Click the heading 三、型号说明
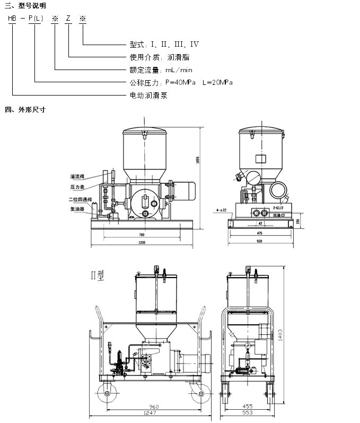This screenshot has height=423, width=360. [x=25, y=5]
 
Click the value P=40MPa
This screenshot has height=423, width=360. [x=181, y=83]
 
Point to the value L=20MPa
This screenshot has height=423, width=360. [x=217, y=83]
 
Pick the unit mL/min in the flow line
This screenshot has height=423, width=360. [x=177, y=70]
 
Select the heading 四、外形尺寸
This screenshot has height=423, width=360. [x=25, y=110]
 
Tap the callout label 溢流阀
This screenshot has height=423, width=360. [x=78, y=176]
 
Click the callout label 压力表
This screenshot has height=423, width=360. [x=78, y=187]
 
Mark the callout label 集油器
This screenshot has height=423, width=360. [x=78, y=209]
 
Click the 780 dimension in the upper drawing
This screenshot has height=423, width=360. [x=142, y=234]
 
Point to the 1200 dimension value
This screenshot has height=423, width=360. [x=142, y=242]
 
